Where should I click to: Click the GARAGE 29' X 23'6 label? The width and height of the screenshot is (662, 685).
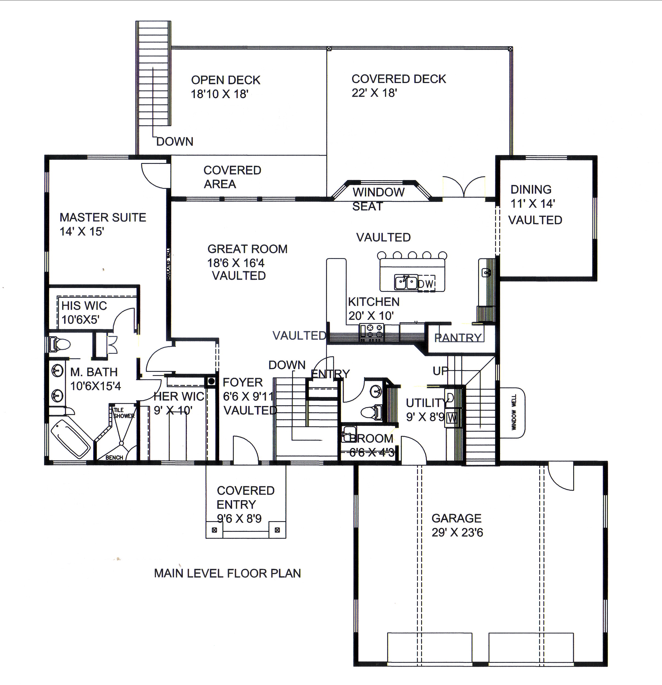coord(457,525)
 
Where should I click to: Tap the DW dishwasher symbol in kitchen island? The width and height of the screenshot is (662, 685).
coord(426,284)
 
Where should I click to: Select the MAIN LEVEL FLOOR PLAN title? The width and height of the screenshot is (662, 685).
coord(227,573)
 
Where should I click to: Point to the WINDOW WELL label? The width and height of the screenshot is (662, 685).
coord(513,412)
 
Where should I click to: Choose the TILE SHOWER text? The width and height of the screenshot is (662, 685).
coord(123,413)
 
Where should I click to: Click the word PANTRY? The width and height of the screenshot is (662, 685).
coord(458,338)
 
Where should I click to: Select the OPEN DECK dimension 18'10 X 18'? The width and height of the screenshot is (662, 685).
coord(219,94)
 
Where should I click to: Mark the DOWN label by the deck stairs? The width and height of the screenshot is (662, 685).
coord(175,142)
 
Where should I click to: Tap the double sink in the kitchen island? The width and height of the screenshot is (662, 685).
coord(406,282)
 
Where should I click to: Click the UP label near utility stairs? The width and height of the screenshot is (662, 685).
coord(440,371)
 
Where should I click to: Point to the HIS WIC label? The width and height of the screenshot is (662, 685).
coord(84,306)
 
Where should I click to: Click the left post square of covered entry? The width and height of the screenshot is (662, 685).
coord(214,530)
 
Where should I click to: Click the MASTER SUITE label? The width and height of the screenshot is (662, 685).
coord(103,217)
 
